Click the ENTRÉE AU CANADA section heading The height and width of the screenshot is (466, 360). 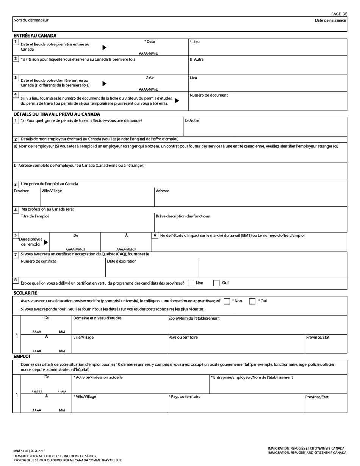click(35, 36)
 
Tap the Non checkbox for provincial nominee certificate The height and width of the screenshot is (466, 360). click(191, 283)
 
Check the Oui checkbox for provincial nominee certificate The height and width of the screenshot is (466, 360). click(216, 283)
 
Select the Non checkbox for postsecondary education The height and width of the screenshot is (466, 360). click(227, 301)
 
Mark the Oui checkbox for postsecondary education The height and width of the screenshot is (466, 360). click(252, 301)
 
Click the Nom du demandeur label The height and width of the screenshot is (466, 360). click(31, 20)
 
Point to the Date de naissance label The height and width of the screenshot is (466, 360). click(330, 20)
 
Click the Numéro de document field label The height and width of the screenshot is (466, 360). click(208, 95)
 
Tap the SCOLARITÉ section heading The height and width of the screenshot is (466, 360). click(25, 293)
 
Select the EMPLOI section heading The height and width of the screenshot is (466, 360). click(22, 357)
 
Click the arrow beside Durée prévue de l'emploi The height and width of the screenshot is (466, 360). click(46, 242)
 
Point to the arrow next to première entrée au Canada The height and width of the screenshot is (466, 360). click(105, 47)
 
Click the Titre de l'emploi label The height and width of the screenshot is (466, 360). click(34, 216)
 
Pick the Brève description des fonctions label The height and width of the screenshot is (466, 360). click(182, 216)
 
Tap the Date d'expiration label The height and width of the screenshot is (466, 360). click(122, 261)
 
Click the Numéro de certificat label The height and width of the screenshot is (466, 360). click(38, 261)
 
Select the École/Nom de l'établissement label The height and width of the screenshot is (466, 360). click(194, 319)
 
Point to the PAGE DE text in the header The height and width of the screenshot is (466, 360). click(339, 14)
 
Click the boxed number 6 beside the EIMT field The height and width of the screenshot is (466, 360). click(155, 235)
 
